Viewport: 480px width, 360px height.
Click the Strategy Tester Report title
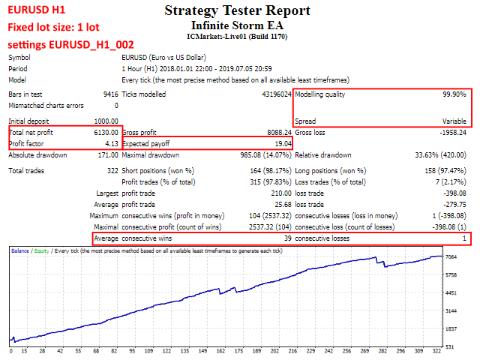coord(236,11)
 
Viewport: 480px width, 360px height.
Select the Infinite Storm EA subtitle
coord(236,25)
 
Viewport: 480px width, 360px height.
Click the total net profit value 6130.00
coord(103,132)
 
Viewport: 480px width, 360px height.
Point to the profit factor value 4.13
coord(111,142)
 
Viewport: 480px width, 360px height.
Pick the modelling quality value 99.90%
coord(454,94)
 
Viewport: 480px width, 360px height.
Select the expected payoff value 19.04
coord(282,142)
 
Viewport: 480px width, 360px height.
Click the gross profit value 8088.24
coord(276,132)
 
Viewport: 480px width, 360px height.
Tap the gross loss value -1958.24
coord(449,132)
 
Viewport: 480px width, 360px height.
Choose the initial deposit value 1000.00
coord(103,121)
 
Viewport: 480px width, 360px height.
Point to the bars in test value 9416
coord(109,94)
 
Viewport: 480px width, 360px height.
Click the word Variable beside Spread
coord(454,121)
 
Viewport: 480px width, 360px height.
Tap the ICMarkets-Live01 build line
coord(236,36)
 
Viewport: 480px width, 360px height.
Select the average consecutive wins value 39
coord(286,238)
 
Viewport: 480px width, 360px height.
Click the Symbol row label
coord(21,57)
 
